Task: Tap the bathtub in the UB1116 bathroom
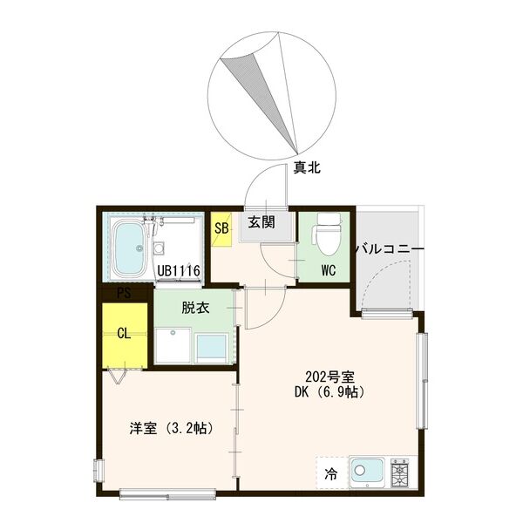coord(132,247)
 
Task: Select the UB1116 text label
coord(180,271)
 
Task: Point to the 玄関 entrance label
coord(261,222)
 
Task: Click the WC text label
coord(328,269)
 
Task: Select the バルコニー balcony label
coord(389,249)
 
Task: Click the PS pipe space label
coord(125,294)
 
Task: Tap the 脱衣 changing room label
coord(195,308)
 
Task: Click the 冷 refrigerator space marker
coord(331,475)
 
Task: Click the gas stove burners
coord(402,471)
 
